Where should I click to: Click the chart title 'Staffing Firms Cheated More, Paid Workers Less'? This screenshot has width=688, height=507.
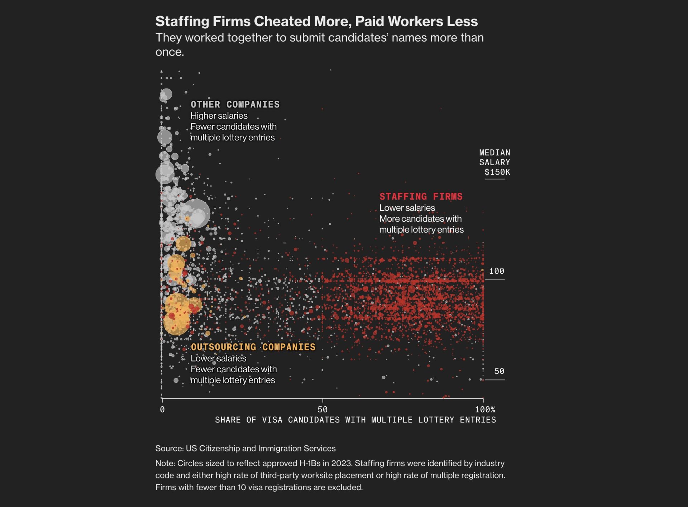point(316,21)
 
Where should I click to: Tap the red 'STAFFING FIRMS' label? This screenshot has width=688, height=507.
point(421,197)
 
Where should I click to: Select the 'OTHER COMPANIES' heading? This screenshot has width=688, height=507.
point(235,105)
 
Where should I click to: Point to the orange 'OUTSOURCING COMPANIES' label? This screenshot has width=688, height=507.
point(253,347)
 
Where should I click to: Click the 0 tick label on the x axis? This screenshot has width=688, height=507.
point(162,410)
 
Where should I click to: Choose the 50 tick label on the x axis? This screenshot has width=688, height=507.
point(322,410)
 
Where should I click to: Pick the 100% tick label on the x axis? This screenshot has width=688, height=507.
point(485,410)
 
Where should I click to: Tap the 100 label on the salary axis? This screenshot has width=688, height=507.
point(496,271)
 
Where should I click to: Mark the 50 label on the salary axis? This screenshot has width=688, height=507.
point(499,372)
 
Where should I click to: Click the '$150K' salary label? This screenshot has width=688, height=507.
point(497,172)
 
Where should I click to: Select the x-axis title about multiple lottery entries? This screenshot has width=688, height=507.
point(355,420)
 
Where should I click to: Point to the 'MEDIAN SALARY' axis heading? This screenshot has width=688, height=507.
point(494,157)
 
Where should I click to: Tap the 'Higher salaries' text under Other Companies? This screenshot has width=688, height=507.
point(219,116)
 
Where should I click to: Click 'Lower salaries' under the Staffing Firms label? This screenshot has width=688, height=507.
point(407,208)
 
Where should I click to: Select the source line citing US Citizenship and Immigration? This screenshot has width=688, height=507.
point(245,449)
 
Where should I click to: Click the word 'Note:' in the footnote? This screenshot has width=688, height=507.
point(165,463)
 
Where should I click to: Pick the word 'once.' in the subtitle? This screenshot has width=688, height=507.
point(169,52)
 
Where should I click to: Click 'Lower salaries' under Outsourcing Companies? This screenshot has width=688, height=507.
point(218,358)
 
